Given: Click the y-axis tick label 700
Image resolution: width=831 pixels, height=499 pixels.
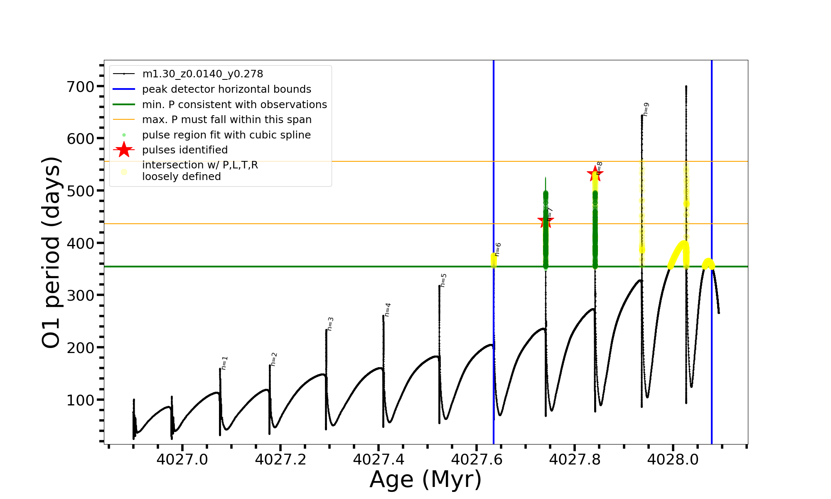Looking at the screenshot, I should point(81,87).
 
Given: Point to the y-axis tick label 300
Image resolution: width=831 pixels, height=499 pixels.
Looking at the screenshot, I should point(81,295).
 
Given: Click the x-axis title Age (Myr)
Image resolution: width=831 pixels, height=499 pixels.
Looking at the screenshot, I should point(425,479).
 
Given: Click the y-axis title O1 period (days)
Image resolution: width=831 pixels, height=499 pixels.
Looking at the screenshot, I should point(52,252).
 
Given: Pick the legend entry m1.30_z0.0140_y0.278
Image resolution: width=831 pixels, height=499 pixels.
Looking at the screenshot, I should point(202,74).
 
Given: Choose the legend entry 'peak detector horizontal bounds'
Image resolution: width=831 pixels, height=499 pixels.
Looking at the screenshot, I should point(226,89).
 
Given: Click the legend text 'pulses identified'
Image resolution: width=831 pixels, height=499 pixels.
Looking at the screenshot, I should point(185,150).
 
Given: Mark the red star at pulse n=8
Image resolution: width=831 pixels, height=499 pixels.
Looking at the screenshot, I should point(595,174).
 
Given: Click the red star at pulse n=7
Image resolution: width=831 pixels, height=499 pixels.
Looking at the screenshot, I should point(546,221).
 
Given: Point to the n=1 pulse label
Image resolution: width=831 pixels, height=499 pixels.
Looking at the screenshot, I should point(225,363).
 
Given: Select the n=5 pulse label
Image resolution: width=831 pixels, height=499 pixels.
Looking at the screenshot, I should point(443,280).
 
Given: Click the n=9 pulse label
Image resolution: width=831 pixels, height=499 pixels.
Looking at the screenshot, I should point(646,109).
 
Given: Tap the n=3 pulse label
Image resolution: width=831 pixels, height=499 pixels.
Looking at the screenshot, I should point(330,324).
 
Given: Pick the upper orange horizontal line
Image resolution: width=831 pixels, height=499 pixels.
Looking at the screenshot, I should point(415,161).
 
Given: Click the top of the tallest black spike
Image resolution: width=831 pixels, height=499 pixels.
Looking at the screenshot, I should point(686,86).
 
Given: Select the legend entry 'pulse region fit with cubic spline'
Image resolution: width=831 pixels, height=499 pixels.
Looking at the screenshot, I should point(226,135).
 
